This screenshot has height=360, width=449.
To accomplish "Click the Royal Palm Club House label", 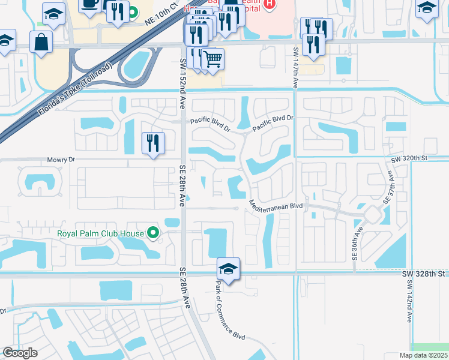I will click(100, 233).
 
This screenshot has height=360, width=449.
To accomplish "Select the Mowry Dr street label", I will click(61, 160).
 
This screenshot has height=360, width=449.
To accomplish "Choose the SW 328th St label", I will click(426, 273).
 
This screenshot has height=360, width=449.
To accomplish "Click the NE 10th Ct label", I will click(162, 14).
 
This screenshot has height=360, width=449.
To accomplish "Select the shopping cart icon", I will click(212, 59).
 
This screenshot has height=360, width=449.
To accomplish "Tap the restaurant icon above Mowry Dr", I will click(153, 142).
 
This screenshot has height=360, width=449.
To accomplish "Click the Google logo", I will click(20, 353).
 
